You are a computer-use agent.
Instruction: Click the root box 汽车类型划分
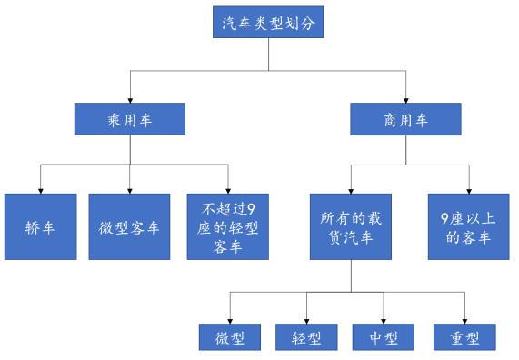pyautogui.click(x=268, y=22)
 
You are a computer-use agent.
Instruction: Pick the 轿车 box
pyautogui.click(x=39, y=225)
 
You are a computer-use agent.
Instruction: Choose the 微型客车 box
pyautogui.click(x=129, y=225)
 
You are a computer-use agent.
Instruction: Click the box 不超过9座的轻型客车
pyautogui.click(x=227, y=225)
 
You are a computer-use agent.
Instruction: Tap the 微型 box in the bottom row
pyautogui.click(x=229, y=338)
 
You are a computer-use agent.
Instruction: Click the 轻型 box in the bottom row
pyautogui.click(x=306, y=338)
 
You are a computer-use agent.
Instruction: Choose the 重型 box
pyautogui.click(x=463, y=338)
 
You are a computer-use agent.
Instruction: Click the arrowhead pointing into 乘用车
pyautogui.click(x=129, y=97)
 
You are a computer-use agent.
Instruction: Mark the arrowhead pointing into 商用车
pyautogui.click(x=406, y=97)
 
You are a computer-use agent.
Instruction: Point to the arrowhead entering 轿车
pyautogui.click(x=39, y=187)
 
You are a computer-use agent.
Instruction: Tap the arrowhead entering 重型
pyautogui.click(x=463, y=320)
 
